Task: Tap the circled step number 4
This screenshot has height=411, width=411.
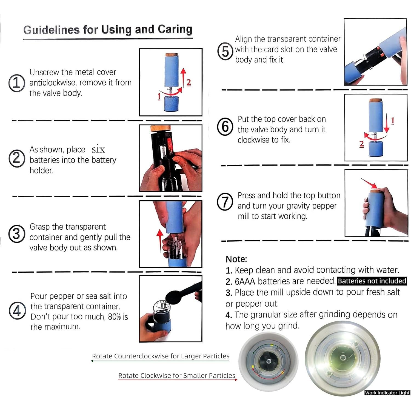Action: [17, 311]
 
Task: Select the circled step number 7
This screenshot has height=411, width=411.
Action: [225, 202]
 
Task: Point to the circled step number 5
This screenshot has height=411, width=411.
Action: [225, 51]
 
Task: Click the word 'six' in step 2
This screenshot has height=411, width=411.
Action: [98, 149]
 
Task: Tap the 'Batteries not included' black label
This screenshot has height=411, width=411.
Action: [372, 281]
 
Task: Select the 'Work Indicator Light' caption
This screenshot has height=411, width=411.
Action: [387, 393]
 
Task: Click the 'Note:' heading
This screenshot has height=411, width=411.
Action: [236, 259]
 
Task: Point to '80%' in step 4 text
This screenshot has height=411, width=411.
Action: [114, 317]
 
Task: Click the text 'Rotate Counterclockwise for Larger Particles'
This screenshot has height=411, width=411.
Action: [161, 356]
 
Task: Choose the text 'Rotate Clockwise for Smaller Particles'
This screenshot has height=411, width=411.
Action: [177, 375]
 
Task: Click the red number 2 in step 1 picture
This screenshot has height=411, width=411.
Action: [189, 82]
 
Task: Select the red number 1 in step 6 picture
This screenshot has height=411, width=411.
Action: [393, 121]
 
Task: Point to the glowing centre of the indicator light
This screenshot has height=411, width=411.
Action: [342, 358]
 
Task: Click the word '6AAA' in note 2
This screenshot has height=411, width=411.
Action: [245, 281]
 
